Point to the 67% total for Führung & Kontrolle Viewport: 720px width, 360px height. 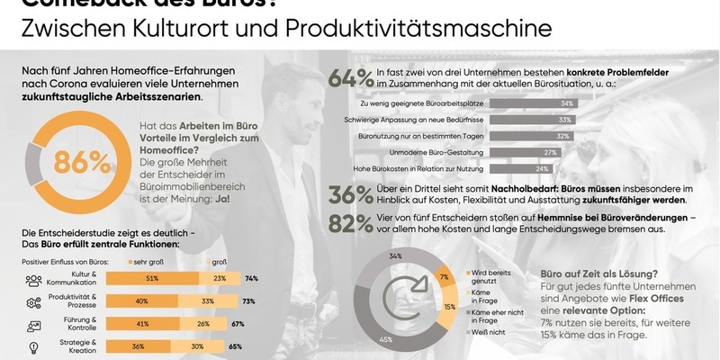(x=238, y=324)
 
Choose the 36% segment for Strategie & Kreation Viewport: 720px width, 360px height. (x=138, y=346)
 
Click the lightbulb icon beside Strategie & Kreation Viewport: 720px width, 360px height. (x=32, y=346)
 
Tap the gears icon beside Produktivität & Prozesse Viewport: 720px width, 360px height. (x=32, y=301)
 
